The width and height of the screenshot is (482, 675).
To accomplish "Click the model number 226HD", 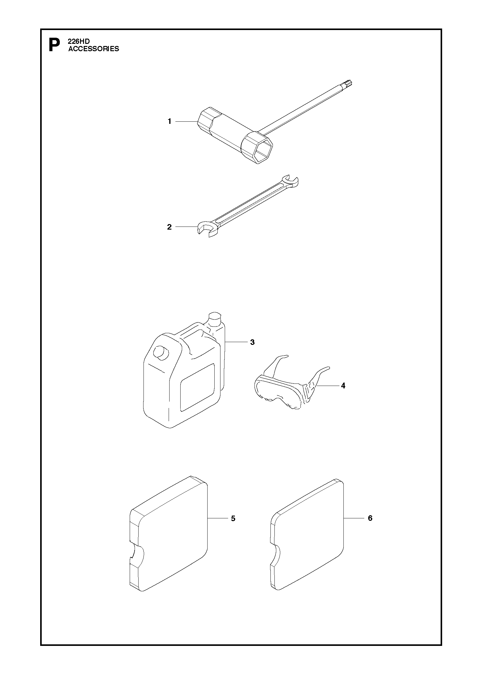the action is pos(79,41).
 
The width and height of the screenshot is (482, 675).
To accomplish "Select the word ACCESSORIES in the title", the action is pos(94,49).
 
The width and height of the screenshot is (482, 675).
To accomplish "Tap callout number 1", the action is pos(169,122).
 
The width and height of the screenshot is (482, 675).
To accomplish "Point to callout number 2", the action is pos(169,227).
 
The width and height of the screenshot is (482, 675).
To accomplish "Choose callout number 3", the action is pos(252,342).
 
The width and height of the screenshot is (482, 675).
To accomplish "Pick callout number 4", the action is pos(343,386).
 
